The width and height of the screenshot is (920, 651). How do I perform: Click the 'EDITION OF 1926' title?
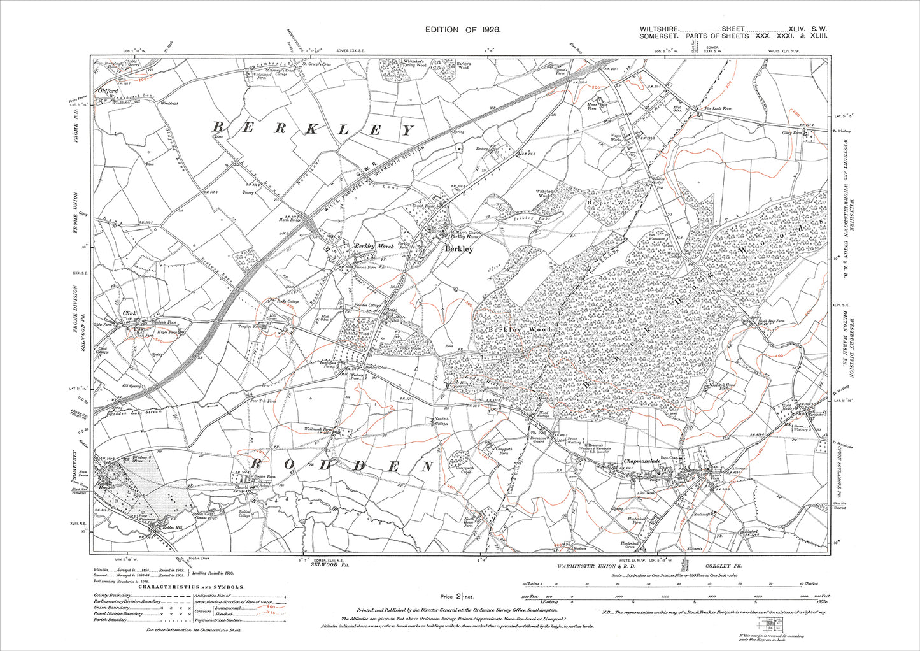pos(463,30)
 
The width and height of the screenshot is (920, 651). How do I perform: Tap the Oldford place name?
pos(108,91)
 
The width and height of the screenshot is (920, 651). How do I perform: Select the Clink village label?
pos(130,313)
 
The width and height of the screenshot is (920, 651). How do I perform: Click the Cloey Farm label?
pos(791,132)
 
